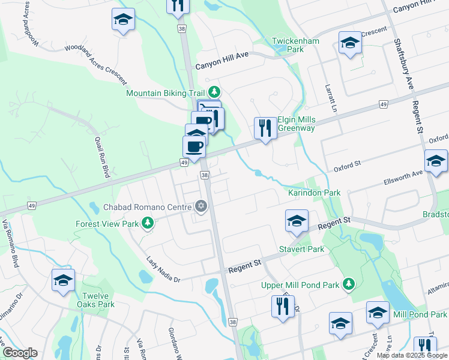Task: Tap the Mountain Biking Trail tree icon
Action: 214,92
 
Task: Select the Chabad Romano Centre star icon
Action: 201,207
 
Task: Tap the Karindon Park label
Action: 314,193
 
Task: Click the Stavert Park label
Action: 301,249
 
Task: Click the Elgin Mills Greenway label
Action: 296,124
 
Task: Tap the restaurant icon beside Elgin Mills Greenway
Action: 264,127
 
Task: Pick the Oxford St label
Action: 346,163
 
